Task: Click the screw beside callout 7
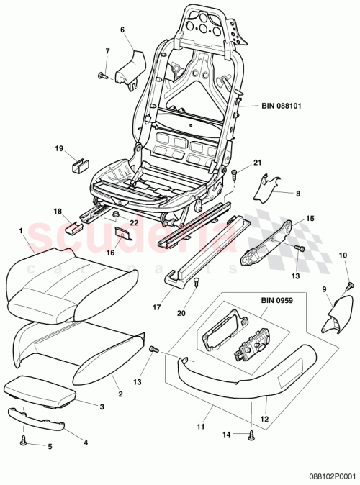[x=103, y=74]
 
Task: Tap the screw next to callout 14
[x=251, y=434]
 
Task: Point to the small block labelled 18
[x=72, y=227]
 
